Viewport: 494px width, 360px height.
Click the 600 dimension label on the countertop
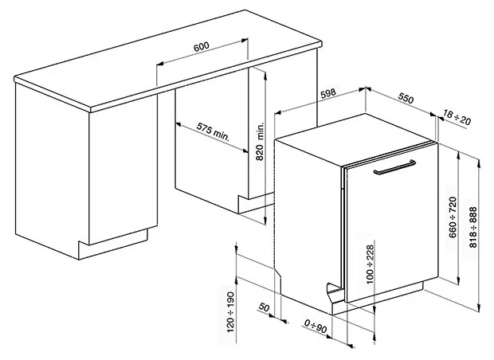coord(201,46)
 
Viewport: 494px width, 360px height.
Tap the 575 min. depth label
coord(213,131)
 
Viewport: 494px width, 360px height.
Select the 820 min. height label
coord(259,141)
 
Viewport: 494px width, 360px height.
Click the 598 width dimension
coord(328,93)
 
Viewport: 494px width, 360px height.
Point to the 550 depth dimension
coord(406,98)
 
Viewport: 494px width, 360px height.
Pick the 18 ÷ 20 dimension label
coord(457,117)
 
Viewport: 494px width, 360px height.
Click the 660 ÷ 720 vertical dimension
coord(453,217)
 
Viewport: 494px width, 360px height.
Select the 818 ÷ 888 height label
coord(473,227)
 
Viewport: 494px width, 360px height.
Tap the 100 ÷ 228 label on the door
coord(370,264)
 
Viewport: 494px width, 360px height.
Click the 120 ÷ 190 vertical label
coord(230,311)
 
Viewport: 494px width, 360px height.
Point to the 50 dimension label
coord(264,307)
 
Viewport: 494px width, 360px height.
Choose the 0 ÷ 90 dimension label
coord(316,326)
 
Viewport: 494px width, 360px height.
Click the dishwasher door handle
coord(394,167)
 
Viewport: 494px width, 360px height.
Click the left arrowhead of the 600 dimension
coord(160,64)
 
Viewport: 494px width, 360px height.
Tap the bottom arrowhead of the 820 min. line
coord(265,221)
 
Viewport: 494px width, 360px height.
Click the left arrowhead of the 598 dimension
coord(277,112)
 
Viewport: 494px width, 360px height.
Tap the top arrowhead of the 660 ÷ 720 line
coord(459,155)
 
